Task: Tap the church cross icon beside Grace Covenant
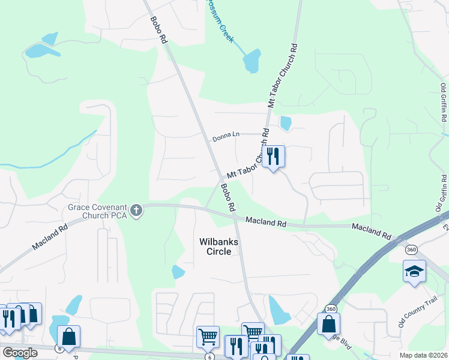point(136,211)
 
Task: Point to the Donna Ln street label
point(226,139)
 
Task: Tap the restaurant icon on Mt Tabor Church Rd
point(273,156)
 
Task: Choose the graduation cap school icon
point(414,271)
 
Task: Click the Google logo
point(20,353)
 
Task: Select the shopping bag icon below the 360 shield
point(328,324)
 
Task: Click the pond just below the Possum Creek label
point(252,60)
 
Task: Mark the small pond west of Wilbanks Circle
point(178,272)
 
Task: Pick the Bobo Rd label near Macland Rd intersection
point(228,197)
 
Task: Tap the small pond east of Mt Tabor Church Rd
point(285,124)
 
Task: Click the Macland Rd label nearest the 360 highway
point(372,228)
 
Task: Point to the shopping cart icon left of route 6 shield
point(207,337)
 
